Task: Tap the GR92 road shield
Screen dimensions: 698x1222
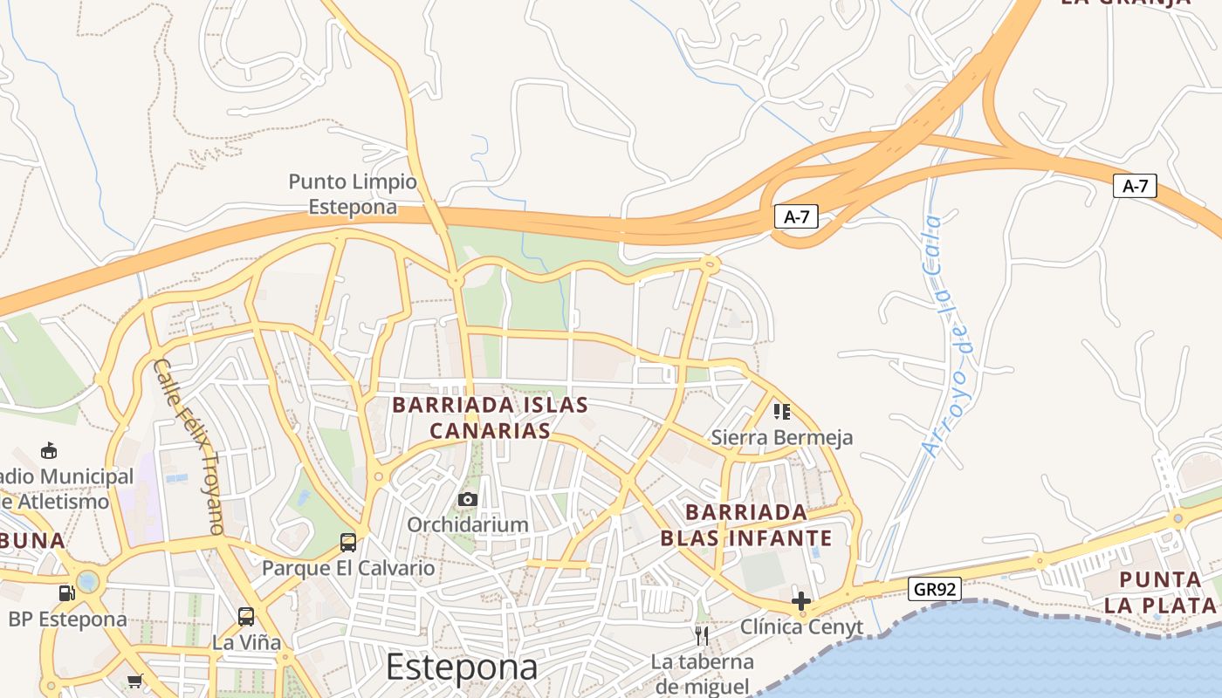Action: (934, 589)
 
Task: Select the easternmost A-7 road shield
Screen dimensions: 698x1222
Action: (1135, 185)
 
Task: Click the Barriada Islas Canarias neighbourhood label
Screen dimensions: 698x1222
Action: (490, 418)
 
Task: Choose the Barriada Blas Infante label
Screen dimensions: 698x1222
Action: (746, 524)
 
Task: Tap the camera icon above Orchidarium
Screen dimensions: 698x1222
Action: (468, 499)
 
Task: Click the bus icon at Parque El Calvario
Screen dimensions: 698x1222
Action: (347, 543)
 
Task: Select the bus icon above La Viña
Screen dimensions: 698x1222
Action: (246, 617)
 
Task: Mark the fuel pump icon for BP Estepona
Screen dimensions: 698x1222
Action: (66, 593)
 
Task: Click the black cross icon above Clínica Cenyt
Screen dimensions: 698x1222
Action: (800, 601)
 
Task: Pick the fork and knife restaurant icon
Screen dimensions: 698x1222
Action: (702, 634)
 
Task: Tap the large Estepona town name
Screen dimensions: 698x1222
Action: (462, 667)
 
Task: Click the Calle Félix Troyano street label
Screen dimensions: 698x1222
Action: (189, 445)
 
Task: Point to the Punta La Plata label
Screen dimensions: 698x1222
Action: (1160, 592)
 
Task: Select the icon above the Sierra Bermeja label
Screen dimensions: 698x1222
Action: (781, 411)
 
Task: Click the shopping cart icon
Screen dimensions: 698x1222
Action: (134, 681)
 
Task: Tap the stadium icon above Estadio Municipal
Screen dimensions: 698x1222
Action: (49, 451)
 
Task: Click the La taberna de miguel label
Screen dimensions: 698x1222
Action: (702, 673)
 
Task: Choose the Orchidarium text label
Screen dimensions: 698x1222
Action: (468, 524)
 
